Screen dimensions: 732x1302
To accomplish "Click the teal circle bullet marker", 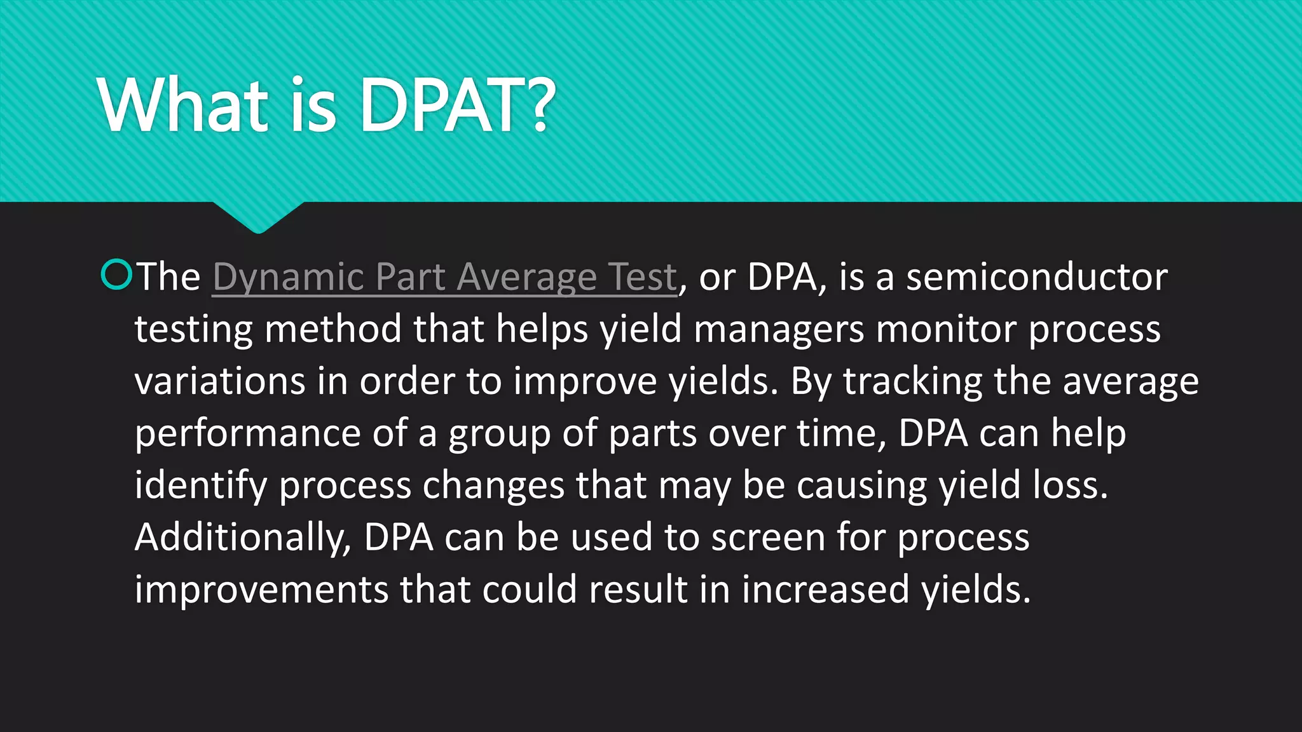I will coord(116,274).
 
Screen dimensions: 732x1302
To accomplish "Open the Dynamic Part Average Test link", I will coord(444,277).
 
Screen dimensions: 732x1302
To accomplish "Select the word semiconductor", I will coord(1036,277).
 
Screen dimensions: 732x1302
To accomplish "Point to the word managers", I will coord(779,330).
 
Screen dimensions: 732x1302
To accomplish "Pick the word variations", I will coord(220,381).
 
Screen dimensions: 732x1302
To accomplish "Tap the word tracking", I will coord(912,383).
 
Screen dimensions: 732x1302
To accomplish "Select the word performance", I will coord(248,435).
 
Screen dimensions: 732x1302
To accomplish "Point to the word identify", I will coord(201,487).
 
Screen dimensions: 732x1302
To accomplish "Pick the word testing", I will coord(194,330).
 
